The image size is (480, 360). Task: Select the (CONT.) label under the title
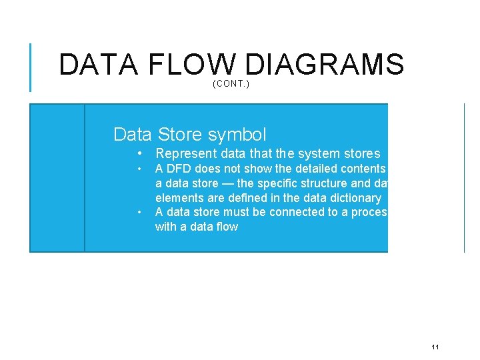231,84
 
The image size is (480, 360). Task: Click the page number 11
435,347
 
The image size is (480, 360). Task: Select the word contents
363,169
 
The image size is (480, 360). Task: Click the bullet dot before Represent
139,154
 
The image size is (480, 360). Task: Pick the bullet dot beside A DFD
139,169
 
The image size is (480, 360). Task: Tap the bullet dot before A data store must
139,213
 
